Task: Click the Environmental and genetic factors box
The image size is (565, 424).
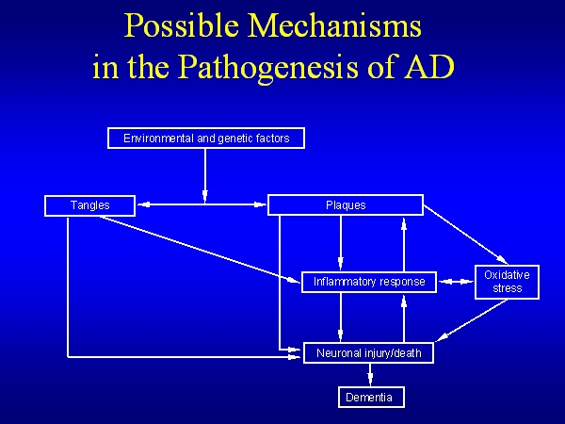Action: [x=206, y=139]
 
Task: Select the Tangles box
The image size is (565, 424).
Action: [x=90, y=204]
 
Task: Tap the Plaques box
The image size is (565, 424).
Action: [x=346, y=204]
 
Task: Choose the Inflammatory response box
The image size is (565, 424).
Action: [x=369, y=281]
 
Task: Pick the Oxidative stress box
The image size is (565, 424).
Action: [x=507, y=282]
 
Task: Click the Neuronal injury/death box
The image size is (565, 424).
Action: [x=369, y=354]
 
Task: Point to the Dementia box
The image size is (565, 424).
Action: [x=370, y=398]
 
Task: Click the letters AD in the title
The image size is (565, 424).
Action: [x=432, y=68]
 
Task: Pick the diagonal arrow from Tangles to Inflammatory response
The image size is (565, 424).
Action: [x=198, y=247]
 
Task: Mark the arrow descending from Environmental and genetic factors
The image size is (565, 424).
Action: [x=205, y=174]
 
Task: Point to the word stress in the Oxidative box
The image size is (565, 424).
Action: [x=507, y=288]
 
